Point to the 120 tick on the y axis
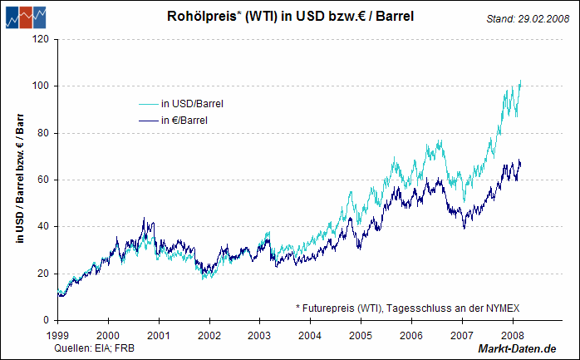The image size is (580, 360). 39,39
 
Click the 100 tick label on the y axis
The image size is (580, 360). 39,86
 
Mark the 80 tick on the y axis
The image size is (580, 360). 42,133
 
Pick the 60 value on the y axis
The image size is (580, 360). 42,180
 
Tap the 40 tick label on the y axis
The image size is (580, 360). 42,226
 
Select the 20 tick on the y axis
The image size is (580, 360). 42,274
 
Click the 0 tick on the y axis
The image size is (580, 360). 45,320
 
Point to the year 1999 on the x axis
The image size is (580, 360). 57,335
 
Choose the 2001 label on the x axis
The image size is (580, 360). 159,335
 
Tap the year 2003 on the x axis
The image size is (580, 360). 260,335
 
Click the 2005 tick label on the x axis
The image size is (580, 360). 361,335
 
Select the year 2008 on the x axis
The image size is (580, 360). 513,335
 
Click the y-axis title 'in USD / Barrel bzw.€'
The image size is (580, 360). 19,180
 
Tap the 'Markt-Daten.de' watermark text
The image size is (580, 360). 516,348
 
